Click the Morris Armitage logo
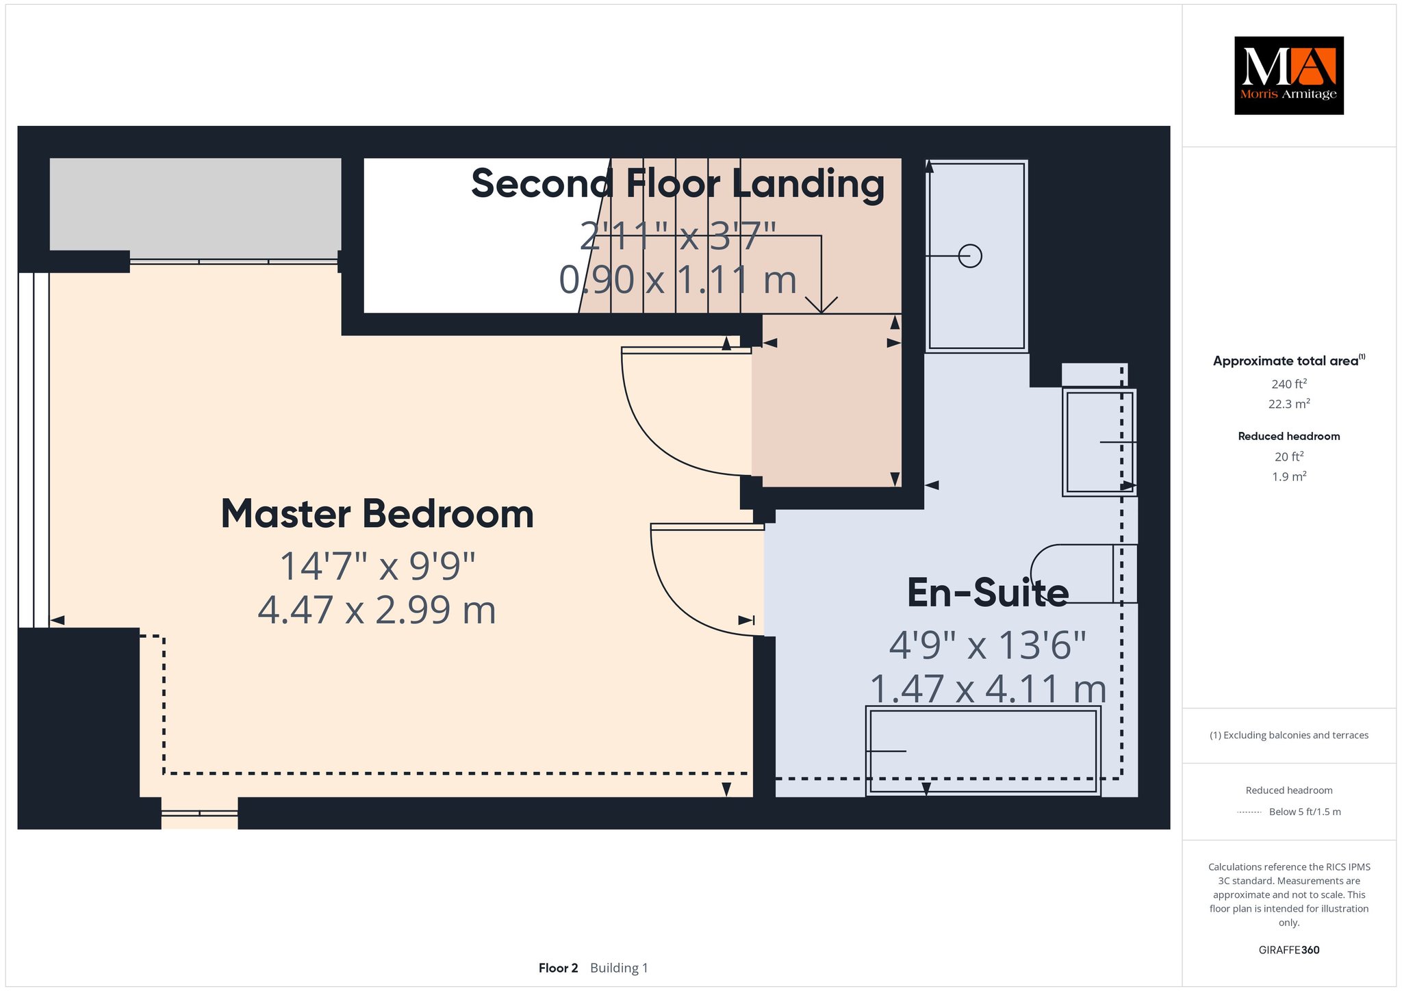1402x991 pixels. [1288, 75]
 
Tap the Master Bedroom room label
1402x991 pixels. [377, 514]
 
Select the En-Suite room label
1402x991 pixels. [988, 593]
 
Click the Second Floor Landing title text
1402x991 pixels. [678, 183]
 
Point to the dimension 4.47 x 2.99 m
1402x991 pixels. [377, 610]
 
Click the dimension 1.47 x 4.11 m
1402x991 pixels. [988, 688]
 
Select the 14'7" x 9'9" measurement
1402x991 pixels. [377, 566]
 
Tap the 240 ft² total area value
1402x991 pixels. [1289, 384]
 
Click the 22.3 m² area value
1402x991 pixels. [1289, 404]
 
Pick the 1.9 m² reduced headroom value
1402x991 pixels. [1289, 476]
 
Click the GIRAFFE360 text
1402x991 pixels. [1289, 950]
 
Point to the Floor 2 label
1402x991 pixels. [558, 968]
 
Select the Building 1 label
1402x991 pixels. [619, 968]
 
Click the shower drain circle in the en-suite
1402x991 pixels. [970, 256]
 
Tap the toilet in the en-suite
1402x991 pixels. [1084, 574]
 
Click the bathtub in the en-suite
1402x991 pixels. [983, 751]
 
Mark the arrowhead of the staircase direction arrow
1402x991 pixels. [821, 305]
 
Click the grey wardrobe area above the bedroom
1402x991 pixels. [195, 204]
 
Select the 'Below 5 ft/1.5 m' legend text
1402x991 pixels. [1305, 812]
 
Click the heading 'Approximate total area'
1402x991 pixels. [1286, 361]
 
